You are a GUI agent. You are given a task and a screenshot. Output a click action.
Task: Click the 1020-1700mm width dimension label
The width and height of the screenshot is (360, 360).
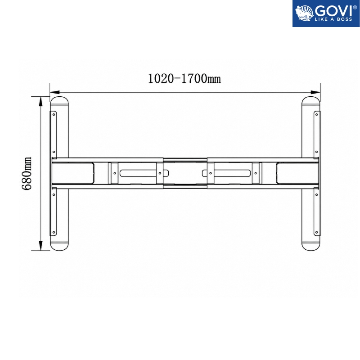pos(184,79)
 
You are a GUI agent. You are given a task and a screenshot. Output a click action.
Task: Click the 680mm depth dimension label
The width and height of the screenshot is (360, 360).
pos(27,174)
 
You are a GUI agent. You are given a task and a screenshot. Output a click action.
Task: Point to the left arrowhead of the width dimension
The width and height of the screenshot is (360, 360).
pos(54,92)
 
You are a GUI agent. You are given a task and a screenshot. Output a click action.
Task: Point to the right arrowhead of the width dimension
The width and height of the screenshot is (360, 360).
pos(315,92)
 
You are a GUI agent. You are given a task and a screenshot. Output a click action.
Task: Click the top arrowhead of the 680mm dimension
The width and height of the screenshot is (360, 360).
pos(41,101)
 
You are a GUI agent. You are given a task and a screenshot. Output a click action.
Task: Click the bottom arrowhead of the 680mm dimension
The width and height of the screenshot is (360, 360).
pos(41,246)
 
